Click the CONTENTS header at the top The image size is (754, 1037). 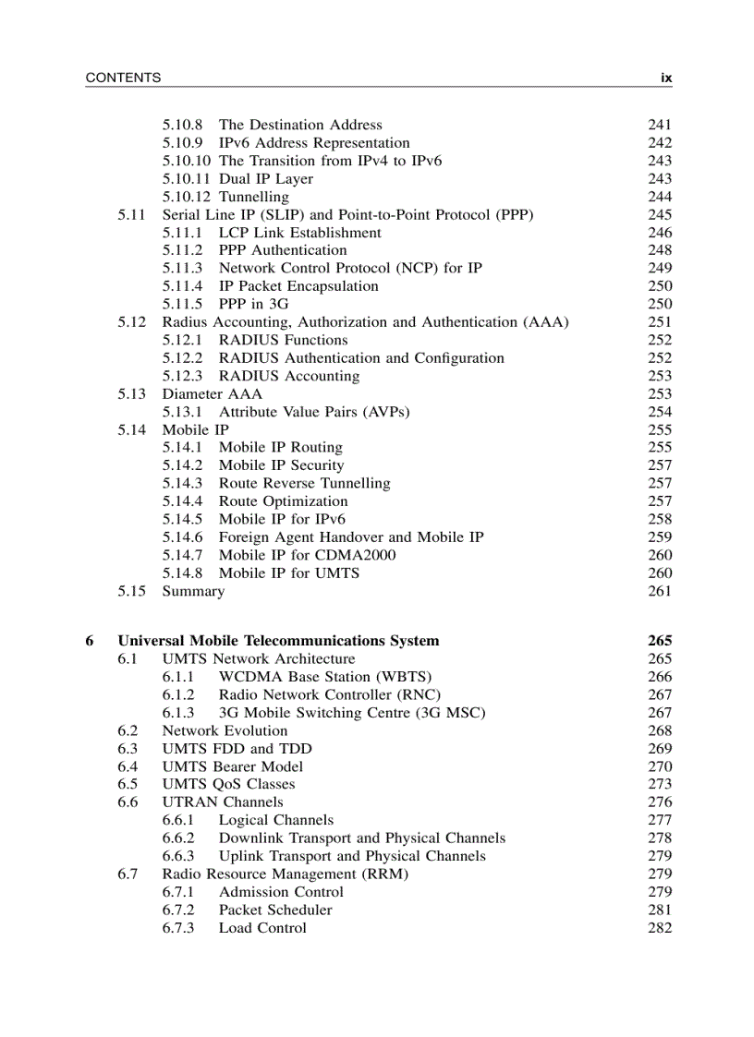coord(123,78)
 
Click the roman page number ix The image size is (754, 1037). coord(665,78)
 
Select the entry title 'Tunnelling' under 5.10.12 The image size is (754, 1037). coord(253,197)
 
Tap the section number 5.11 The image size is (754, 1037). coord(131,215)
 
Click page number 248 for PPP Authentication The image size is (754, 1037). coord(660,250)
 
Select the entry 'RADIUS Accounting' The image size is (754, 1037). coord(288,376)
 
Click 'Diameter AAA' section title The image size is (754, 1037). coord(212,394)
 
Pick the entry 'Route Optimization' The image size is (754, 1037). coord(283,501)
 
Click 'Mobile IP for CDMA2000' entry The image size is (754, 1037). coord(307,555)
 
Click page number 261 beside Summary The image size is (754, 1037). coord(660,591)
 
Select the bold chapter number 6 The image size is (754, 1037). coord(89,641)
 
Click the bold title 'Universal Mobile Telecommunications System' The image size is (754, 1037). coord(278,641)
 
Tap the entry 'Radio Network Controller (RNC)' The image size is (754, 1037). coord(329,694)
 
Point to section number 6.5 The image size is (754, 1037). coord(128,784)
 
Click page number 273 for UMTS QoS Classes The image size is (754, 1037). coord(660,784)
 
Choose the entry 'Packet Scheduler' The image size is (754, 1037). coord(274,910)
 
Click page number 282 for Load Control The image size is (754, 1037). coord(660,928)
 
